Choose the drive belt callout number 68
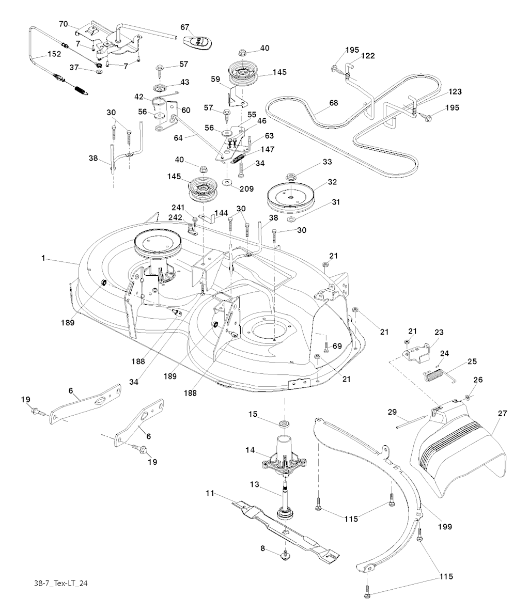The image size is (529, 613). (x=334, y=103)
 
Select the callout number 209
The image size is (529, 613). (x=246, y=189)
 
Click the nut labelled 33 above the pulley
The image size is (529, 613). (x=291, y=177)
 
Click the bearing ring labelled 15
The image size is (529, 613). (x=284, y=424)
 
